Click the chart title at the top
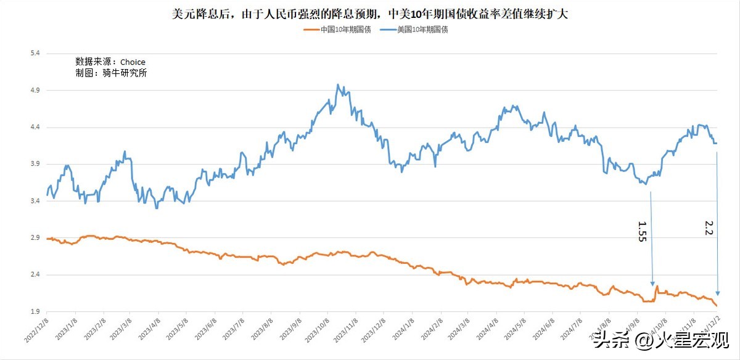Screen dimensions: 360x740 tap(369, 14)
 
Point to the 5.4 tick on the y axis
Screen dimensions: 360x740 tap(35, 54)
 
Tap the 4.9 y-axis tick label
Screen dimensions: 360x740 tap(35, 91)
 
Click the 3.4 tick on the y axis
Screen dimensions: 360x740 tap(35, 201)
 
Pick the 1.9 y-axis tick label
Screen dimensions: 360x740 tap(35, 312)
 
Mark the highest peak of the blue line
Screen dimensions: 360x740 tap(338, 84)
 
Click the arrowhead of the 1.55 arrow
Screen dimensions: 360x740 tap(653, 283)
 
